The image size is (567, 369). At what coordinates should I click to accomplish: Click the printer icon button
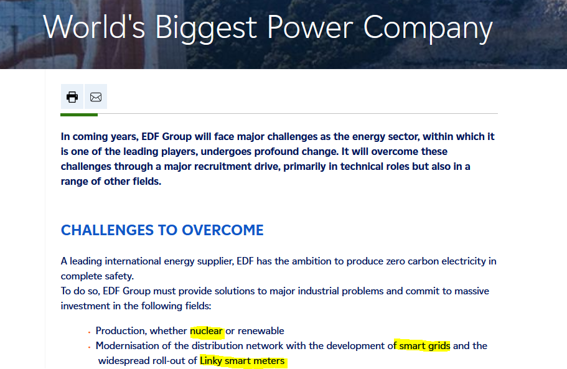point(72,96)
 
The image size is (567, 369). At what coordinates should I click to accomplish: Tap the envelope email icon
point(96,97)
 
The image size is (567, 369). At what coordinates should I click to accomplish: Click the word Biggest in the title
point(206,29)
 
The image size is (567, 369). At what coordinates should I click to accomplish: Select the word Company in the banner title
point(428,29)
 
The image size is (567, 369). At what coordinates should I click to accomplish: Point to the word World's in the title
point(94,27)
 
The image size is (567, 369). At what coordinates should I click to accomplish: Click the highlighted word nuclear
point(206,330)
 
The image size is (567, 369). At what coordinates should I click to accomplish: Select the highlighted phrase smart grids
point(424,346)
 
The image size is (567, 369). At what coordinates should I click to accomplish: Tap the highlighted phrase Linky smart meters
point(242,361)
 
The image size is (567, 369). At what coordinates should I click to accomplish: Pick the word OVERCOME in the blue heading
point(223,230)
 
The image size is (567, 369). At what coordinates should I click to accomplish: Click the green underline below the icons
point(79,115)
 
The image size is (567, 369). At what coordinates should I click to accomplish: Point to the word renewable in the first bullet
point(261,330)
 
